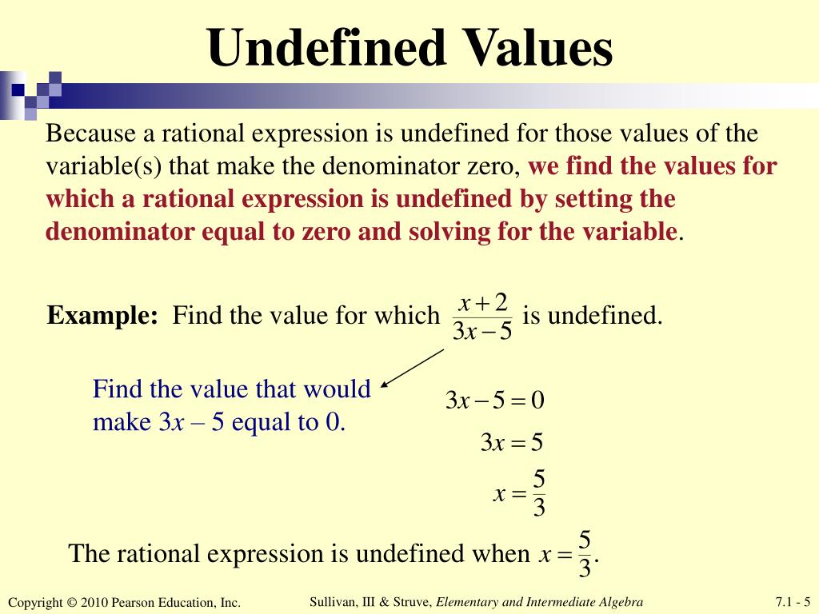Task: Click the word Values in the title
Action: pos(535,48)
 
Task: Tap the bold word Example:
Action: pos(102,316)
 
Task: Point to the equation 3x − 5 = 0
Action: pos(494,400)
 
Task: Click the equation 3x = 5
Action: pos(512,442)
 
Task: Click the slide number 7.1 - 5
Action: pos(793,602)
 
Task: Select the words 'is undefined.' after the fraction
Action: pos(593,316)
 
